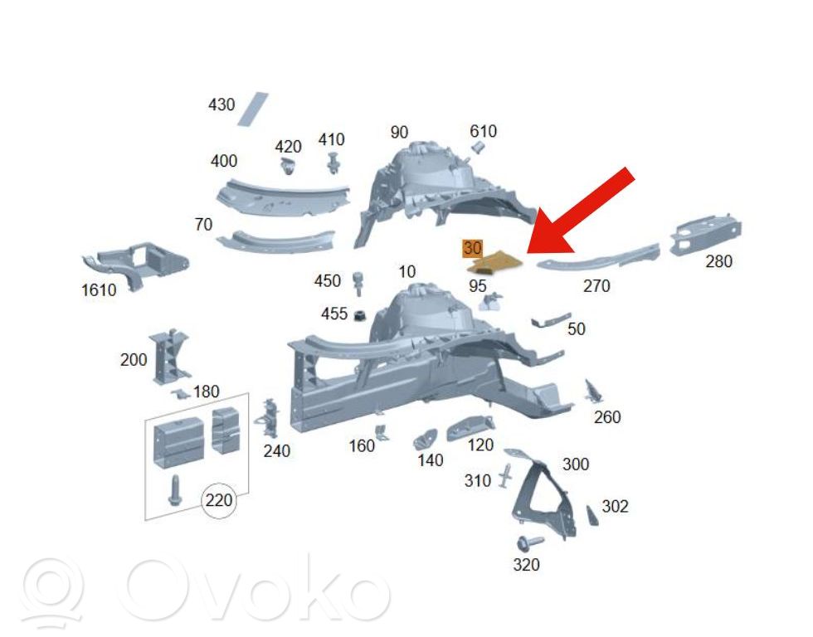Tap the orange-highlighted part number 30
pos(472,248)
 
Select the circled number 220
pos(218,500)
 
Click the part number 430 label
pos(222,105)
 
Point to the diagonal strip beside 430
pos(253,109)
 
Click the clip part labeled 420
pos(287,167)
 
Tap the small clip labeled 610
pos(477,148)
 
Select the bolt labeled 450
pos(358,283)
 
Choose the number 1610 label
pos(99,289)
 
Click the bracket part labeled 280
pos(706,235)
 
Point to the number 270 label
pos(596,285)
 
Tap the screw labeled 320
pos(529,542)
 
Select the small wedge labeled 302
pos(592,516)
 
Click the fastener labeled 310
pos(506,474)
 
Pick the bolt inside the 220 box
pos(173,490)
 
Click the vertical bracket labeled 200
pos(169,357)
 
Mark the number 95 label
pos(478,285)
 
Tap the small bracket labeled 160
pos(382,433)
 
